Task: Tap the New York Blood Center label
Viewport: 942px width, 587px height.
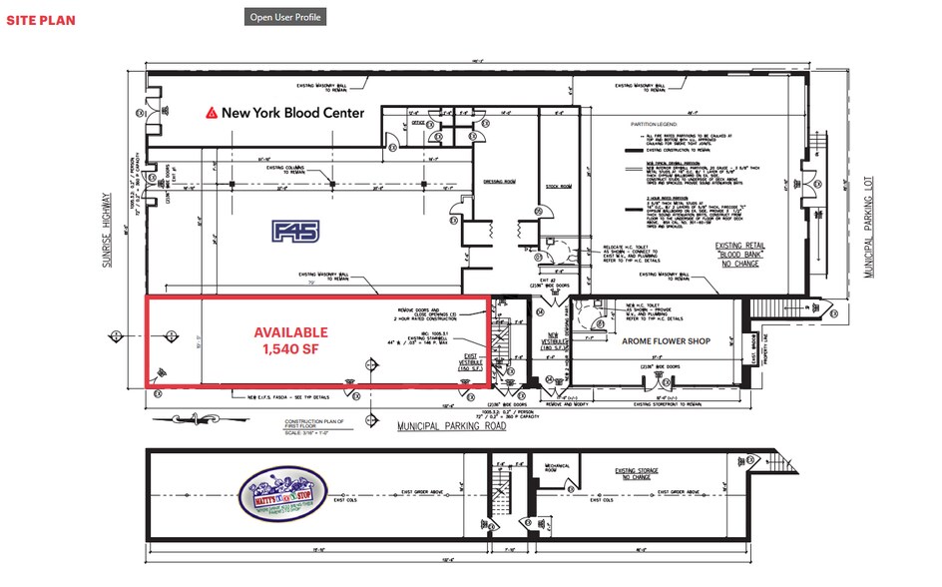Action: tap(292, 114)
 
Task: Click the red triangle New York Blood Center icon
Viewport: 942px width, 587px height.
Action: tap(211, 114)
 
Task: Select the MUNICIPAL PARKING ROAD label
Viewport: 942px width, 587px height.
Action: tap(451, 426)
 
